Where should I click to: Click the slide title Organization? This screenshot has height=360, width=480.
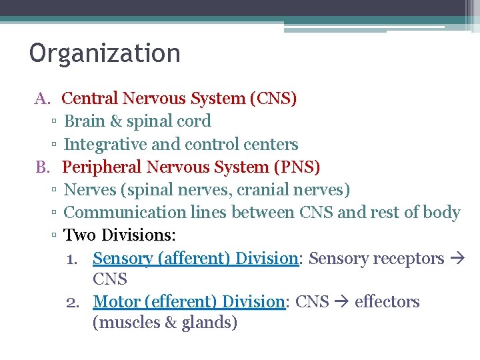[x=105, y=53]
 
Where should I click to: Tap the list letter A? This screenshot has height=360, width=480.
[x=43, y=99]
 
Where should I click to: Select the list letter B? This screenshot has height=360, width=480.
[x=43, y=167]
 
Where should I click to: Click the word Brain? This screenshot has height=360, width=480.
[x=85, y=121]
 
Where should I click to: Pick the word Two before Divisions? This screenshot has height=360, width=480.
[x=79, y=235]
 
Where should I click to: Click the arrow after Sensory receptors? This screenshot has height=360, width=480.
[x=458, y=259]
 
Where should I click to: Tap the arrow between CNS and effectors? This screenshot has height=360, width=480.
[x=342, y=302]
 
